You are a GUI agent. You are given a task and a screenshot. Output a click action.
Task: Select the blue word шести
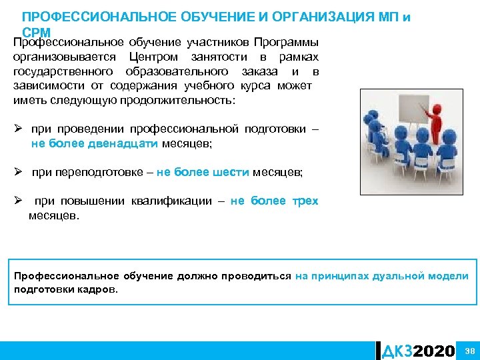(230, 172)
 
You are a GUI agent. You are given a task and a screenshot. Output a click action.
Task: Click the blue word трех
(305, 201)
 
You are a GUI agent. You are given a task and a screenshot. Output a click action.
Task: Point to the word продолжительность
(177, 101)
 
